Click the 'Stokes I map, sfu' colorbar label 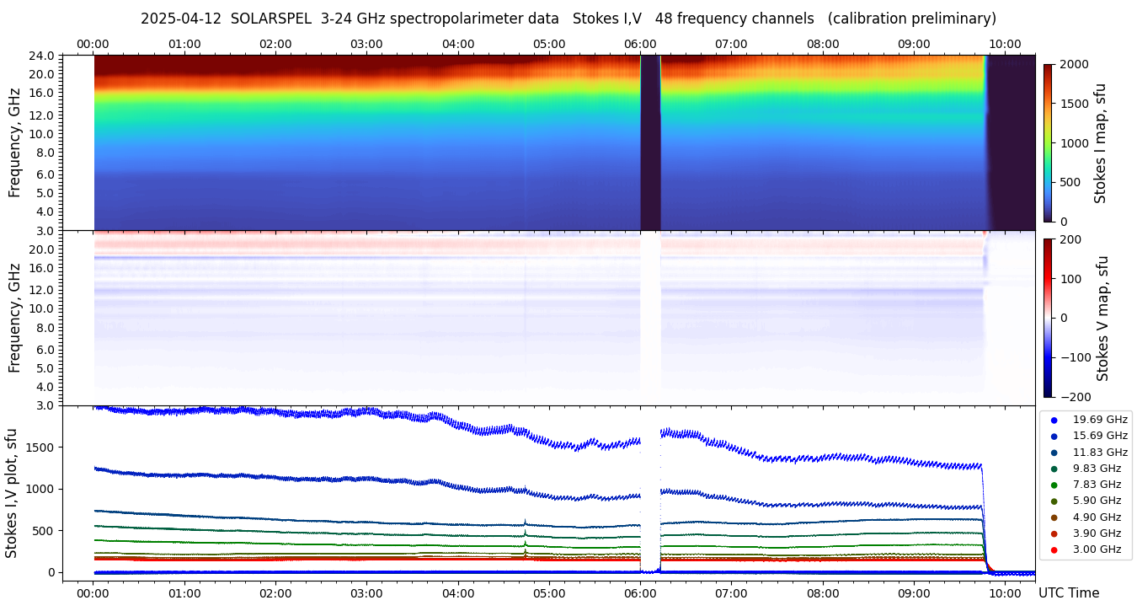point(1100,143)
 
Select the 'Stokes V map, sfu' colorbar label point(1102,319)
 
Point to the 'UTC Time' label point(1068,593)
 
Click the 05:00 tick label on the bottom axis point(549,593)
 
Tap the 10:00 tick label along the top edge point(1005,44)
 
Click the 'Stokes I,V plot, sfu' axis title point(12,493)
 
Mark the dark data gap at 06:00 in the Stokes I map point(649,143)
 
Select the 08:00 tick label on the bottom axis point(823,593)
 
